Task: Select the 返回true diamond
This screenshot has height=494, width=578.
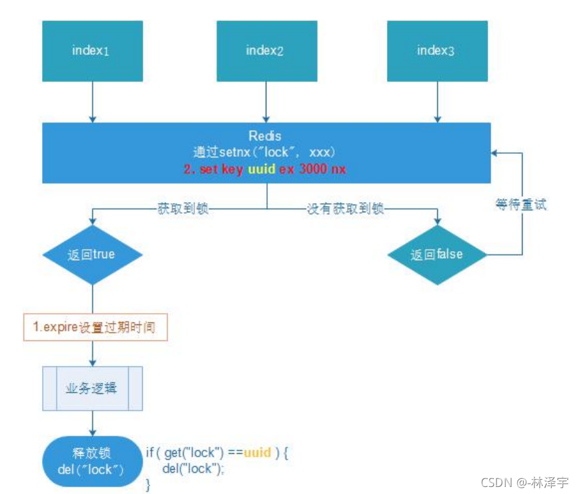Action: (x=92, y=255)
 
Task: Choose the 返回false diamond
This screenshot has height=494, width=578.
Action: (x=437, y=255)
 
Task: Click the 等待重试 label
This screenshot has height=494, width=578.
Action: (x=521, y=205)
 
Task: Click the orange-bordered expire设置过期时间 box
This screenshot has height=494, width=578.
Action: (x=95, y=328)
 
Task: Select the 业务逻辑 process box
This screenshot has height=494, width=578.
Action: (x=92, y=389)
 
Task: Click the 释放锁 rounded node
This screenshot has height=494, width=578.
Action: (x=93, y=461)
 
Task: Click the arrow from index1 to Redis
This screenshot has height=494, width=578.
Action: (x=93, y=102)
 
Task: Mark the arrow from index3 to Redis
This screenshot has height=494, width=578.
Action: (x=437, y=102)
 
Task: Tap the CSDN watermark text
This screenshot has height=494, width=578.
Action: (x=524, y=483)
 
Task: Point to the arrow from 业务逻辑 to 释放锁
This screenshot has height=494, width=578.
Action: (x=93, y=422)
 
